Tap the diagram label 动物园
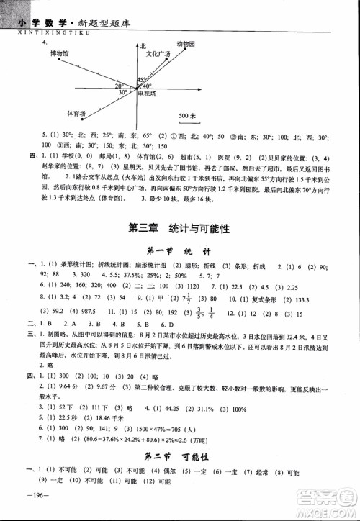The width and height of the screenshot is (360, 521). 187,44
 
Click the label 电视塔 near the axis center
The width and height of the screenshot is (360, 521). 149,94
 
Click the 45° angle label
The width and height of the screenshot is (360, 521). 142,80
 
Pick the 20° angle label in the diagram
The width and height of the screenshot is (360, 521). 119,86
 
